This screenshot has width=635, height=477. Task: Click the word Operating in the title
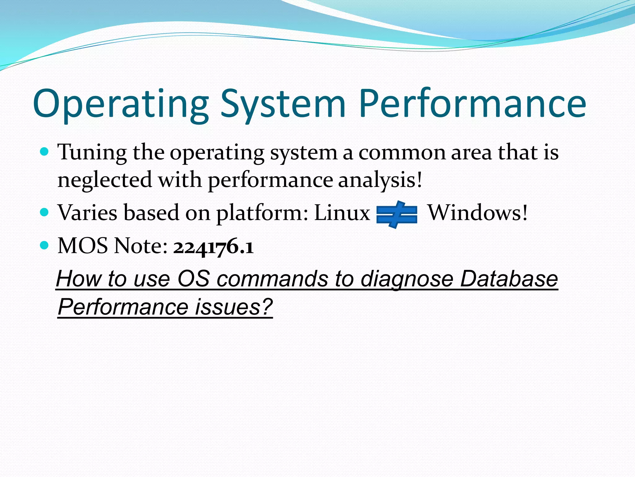(x=121, y=104)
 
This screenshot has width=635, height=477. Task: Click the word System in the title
(x=282, y=104)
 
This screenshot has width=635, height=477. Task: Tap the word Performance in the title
(x=473, y=104)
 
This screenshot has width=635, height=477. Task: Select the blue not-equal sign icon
(x=397, y=215)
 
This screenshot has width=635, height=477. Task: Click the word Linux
(x=342, y=213)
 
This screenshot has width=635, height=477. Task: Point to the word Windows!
(x=478, y=213)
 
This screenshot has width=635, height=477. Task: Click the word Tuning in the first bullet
(x=92, y=153)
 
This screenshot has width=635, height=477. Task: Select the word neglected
(x=105, y=180)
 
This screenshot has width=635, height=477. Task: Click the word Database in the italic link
(x=509, y=279)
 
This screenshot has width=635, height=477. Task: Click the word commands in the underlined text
(x=272, y=279)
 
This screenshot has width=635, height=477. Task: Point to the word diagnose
(x=407, y=279)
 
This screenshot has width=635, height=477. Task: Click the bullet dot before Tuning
(x=45, y=152)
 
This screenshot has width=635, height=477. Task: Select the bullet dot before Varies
(x=45, y=212)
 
